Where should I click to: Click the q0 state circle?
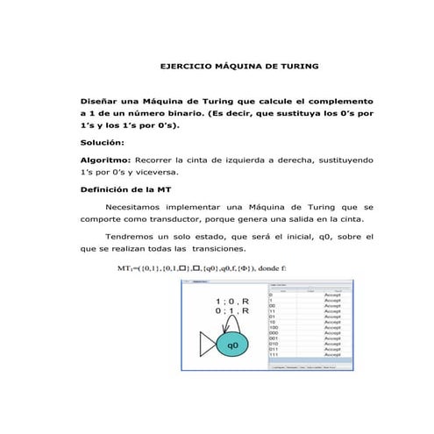pos(232,345)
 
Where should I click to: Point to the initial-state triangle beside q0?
pos(206,345)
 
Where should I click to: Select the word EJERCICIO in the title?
pos(189,67)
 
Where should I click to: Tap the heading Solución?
pos(103,142)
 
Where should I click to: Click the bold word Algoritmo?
pos(105,160)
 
